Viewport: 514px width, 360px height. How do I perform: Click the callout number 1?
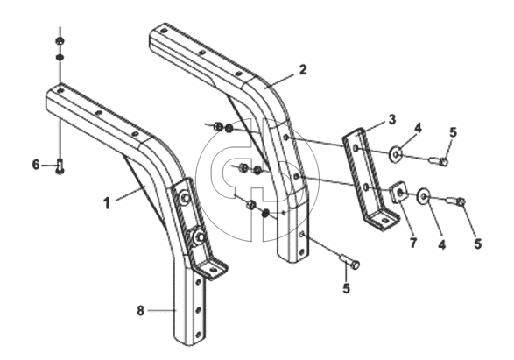tap(107, 203)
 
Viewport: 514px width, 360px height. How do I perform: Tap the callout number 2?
tap(303, 69)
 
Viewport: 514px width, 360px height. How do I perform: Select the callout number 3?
tap(392, 120)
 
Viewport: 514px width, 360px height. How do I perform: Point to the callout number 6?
tap(36, 165)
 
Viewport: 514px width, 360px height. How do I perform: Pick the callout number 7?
tap(412, 243)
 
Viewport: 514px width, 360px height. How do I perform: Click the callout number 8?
tap(140, 310)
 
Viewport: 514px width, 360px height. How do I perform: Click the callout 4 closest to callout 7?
tap(442, 244)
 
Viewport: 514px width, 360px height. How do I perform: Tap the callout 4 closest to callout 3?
tap(418, 129)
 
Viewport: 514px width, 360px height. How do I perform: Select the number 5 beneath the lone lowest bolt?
tap(346, 288)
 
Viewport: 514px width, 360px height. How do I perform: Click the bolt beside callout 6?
tap(60, 166)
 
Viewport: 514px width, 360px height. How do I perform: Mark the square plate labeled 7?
tap(398, 192)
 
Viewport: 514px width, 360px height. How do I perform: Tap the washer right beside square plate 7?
tap(424, 195)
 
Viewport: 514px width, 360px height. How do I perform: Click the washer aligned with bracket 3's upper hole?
tap(395, 153)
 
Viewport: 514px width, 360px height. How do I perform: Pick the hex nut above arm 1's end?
tap(60, 41)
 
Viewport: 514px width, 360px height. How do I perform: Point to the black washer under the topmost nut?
tap(60, 58)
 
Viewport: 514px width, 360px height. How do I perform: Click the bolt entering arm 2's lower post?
tap(349, 261)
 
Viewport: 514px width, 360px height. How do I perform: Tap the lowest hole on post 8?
tap(198, 335)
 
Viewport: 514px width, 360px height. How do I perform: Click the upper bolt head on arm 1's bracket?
tap(185, 198)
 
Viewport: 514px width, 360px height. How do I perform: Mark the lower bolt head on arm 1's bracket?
tap(199, 236)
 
